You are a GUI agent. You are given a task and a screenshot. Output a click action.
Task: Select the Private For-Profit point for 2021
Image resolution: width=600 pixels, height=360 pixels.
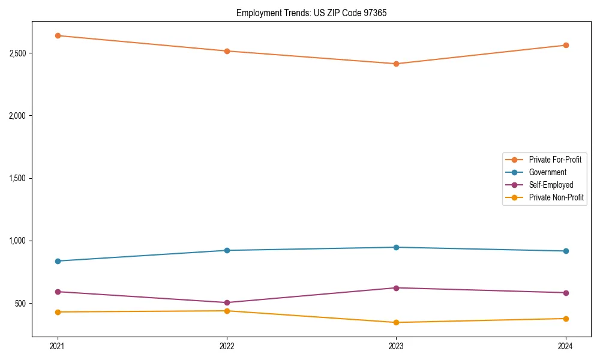[x=58, y=35]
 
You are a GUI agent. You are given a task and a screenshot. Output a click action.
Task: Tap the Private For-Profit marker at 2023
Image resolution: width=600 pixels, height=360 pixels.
[x=396, y=64]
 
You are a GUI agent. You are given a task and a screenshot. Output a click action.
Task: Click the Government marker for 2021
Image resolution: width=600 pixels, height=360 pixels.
[x=58, y=261]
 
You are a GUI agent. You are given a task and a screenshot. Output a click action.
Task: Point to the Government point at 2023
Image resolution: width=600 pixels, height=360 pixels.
[x=396, y=247]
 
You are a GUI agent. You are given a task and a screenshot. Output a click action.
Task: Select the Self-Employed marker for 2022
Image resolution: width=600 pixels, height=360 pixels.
[x=227, y=302]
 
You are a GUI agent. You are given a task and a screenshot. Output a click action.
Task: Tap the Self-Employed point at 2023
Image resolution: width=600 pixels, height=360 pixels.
[x=396, y=288]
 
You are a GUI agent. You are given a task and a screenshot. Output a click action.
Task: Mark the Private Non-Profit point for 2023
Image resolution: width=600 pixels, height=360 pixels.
[x=396, y=322]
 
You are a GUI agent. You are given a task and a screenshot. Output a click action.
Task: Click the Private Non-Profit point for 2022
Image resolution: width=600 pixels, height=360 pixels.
[x=227, y=311]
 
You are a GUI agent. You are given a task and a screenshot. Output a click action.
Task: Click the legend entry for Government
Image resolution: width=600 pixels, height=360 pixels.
[x=547, y=172]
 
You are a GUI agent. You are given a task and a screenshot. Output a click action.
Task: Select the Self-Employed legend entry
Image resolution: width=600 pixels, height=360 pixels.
[x=551, y=185]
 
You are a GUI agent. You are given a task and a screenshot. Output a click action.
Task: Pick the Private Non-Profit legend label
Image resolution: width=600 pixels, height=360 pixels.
[x=556, y=197]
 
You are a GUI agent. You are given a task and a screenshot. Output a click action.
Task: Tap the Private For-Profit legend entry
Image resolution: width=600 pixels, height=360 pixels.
[x=555, y=160]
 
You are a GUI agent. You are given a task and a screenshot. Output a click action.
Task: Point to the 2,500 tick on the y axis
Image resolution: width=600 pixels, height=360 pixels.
[x=17, y=53]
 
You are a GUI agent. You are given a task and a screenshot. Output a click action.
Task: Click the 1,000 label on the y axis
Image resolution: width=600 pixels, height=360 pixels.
[x=17, y=241]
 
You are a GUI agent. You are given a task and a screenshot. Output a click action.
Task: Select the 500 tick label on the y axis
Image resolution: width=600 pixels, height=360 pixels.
[x=20, y=304]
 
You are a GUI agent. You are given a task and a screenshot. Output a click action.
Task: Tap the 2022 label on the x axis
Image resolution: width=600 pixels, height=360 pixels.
[x=227, y=346]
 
